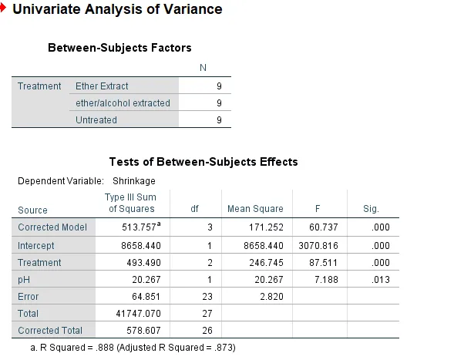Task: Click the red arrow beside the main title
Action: click(3, 8)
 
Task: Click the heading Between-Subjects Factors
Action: click(119, 48)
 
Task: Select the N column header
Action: click(203, 68)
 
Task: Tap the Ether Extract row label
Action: click(102, 86)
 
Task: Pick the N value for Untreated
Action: click(219, 120)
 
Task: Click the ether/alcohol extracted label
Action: click(123, 103)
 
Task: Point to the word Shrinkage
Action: click(134, 181)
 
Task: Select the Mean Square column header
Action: click(255, 209)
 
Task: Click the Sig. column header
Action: click(371, 209)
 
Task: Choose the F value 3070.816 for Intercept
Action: click(318, 246)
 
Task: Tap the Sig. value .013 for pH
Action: click(381, 280)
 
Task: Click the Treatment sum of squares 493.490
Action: click(143, 263)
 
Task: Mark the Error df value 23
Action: click(207, 297)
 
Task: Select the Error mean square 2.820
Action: click(271, 297)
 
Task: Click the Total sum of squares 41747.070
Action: click(139, 314)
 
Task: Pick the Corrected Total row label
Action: click(50, 331)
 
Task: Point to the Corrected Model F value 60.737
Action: click(324, 227)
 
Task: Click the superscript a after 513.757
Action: click(159, 224)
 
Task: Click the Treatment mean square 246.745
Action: click(266, 263)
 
